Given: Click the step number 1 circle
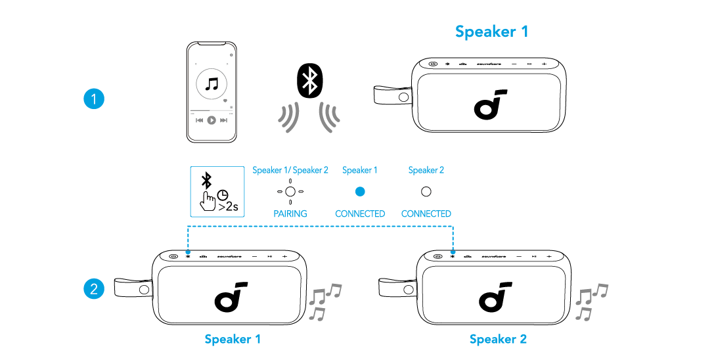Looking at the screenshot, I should (x=95, y=100).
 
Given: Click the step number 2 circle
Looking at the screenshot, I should (x=95, y=288).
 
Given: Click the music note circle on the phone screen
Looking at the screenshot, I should (x=212, y=85).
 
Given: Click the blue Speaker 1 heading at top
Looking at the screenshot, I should (x=491, y=31).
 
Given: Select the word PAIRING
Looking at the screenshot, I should (x=290, y=214).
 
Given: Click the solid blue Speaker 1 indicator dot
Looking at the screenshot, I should (x=360, y=192).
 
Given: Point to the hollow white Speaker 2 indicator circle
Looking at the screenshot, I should (x=426, y=192).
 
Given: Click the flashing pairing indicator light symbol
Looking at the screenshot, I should (x=290, y=192).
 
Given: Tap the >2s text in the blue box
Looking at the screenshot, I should (x=228, y=207).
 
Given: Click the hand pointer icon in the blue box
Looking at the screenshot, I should (x=210, y=200).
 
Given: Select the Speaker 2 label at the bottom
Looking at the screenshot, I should (x=498, y=339).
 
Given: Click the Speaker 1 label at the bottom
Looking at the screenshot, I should (x=233, y=339).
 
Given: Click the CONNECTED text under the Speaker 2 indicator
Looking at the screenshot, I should (x=426, y=214).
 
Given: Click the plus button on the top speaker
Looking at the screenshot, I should (x=545, y=64).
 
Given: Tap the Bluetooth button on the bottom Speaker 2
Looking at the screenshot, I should (x=453, y=256).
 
